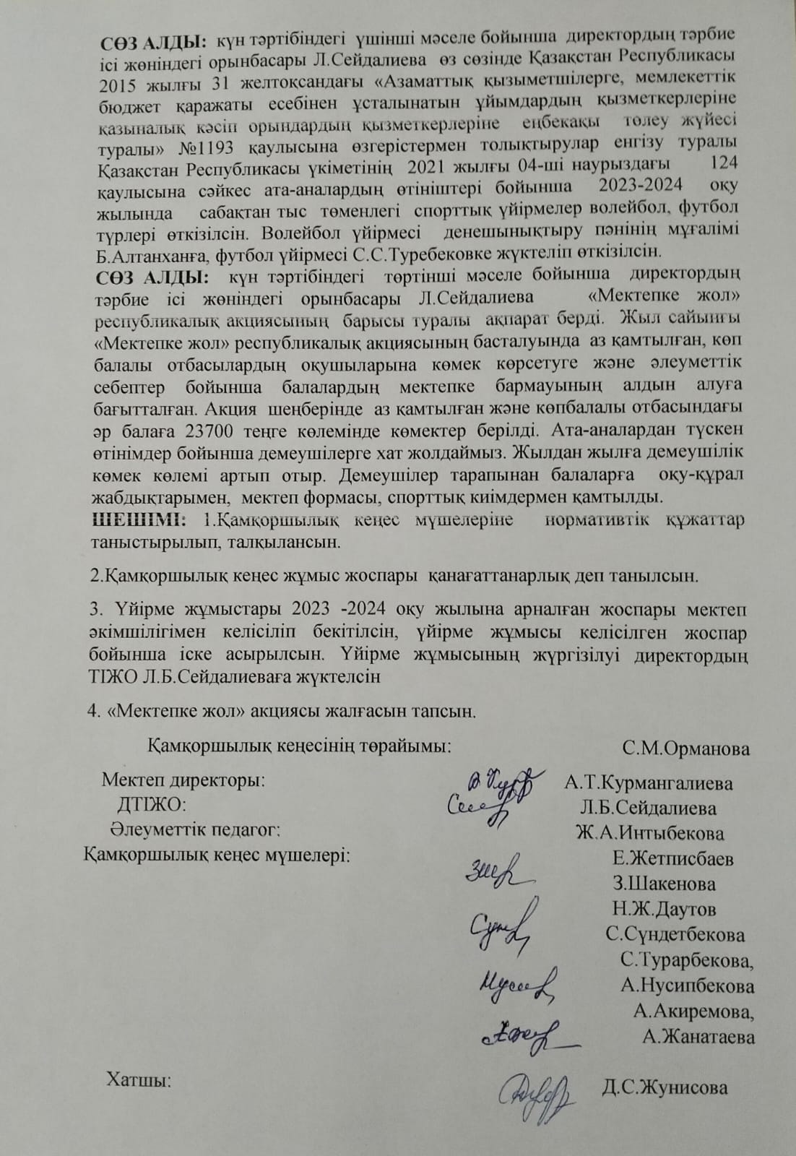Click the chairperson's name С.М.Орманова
(685, 749)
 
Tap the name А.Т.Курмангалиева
(649, 784)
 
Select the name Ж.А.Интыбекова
(649, 833)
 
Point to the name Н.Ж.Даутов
(664, 909)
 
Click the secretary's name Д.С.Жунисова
(664, 1087)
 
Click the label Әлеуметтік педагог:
(194, 829)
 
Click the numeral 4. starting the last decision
(93, 711)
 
